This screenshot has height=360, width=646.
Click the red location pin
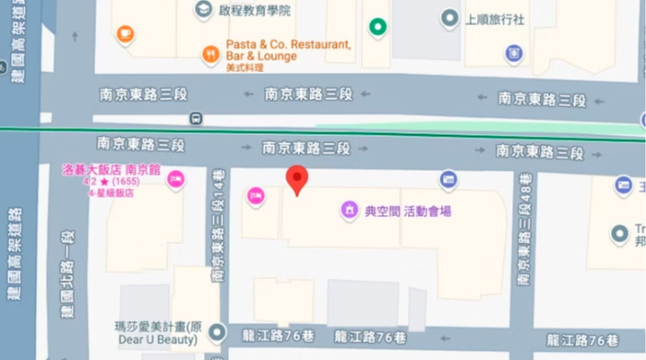[296, 180]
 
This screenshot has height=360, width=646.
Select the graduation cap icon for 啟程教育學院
[201, 9]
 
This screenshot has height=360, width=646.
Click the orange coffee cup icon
[125, 33]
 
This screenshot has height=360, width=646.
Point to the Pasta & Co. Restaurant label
[276, 44]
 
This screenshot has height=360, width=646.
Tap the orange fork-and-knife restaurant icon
[210, 54]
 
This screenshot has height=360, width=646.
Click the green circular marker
[377, 27]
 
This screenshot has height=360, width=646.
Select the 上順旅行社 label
[496, 18]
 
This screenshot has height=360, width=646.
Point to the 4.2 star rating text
[110, 182]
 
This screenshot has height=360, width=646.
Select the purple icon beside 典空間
[350, 211]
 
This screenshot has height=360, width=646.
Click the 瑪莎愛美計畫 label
[155, 326]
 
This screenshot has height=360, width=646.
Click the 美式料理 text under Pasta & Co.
[245, 68]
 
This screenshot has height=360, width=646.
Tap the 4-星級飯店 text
[111, 193]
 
